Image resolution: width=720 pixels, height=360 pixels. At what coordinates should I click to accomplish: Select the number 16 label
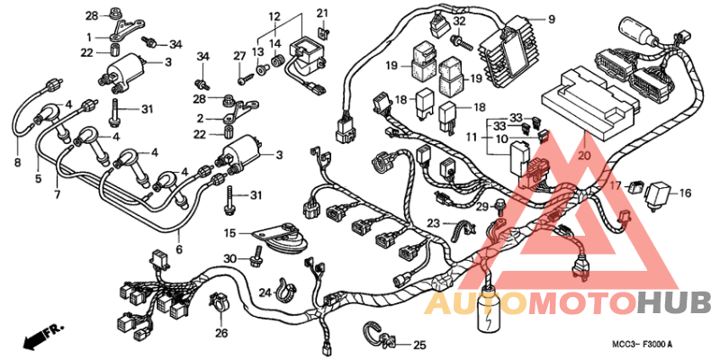684,193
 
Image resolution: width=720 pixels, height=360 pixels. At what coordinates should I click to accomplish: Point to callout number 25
420,345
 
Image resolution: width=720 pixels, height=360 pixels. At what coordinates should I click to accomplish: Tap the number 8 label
16,163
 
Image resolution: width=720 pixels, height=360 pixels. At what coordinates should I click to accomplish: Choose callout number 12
274,16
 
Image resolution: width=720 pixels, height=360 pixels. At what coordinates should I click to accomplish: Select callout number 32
459,22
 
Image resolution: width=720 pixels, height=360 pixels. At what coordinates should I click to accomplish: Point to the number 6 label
178,249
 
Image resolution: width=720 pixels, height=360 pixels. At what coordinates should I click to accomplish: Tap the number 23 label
433,223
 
